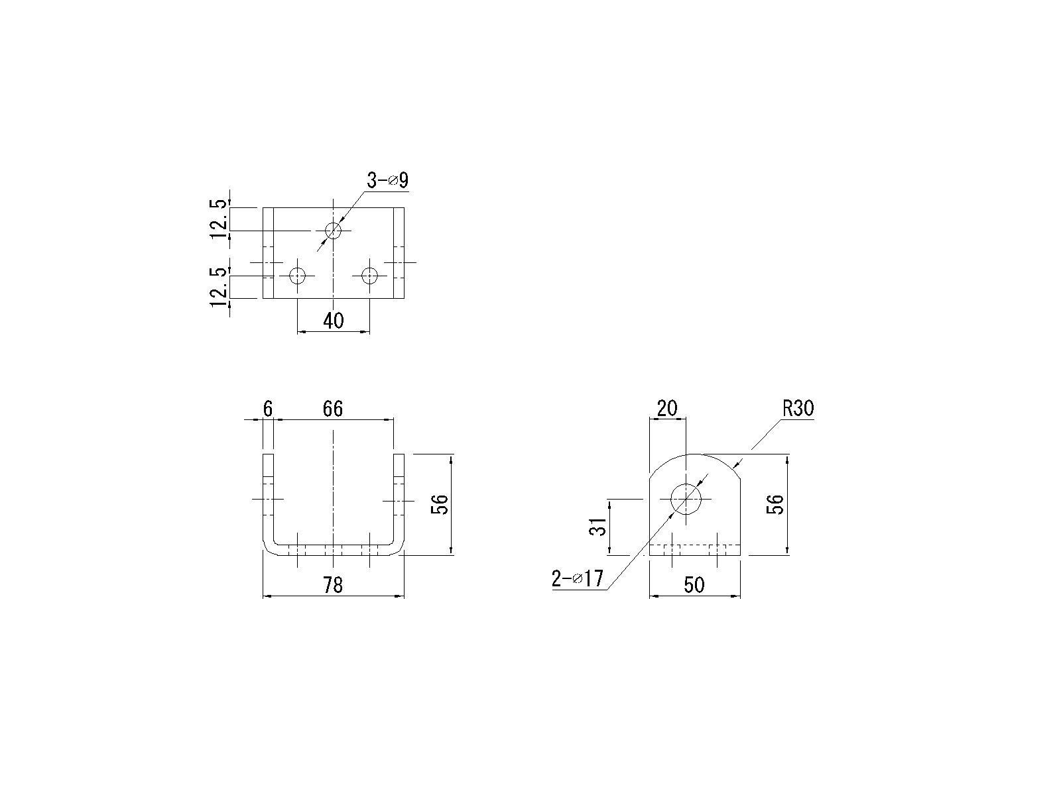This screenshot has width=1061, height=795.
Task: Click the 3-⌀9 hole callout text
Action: point(387,180)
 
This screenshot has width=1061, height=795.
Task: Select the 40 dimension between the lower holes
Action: point(333,321)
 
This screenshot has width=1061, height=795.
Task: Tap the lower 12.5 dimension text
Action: point(218,288)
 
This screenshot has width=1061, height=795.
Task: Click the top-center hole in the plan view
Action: point(333,231)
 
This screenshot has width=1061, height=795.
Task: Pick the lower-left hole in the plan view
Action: point(297,276)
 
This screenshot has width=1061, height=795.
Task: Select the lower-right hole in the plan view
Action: point(370,276)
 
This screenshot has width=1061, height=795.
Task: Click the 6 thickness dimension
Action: point(268,409)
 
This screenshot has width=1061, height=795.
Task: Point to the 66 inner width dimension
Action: point(333,409)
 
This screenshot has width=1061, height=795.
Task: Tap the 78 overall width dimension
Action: point(333,585)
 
